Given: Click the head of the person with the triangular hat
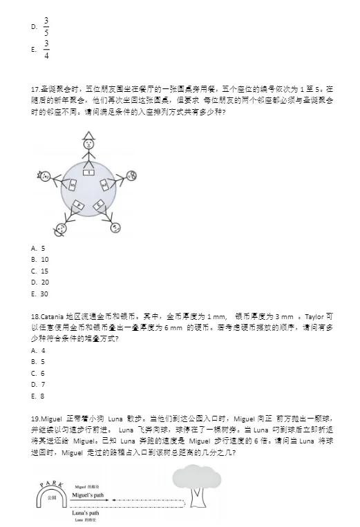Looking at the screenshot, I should [88, 144].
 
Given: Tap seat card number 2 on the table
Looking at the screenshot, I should [107, 184].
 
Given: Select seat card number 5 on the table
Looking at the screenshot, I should [71, 184].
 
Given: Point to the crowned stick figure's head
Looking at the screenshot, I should [46, 177].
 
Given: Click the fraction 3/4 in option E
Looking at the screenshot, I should [46, 50].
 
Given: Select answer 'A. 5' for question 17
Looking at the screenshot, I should [38, 248].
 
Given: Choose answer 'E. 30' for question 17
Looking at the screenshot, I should [39, 294].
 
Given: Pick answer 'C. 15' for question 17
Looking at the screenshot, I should [39, 271].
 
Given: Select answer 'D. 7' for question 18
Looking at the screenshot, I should [38, 384].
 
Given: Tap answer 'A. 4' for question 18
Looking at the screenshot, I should [38, 350].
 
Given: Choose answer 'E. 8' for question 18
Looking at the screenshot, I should [38, 396].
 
